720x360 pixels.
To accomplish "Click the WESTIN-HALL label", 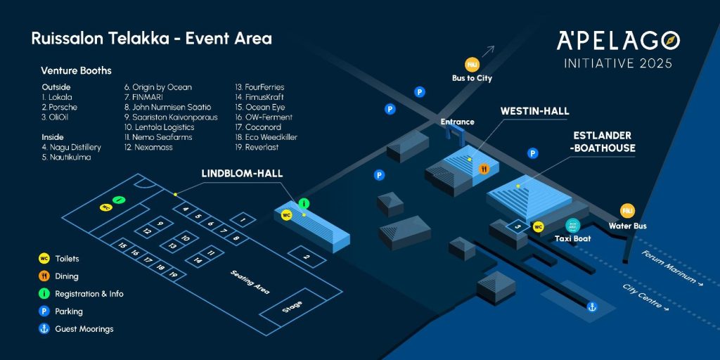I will point(534,112).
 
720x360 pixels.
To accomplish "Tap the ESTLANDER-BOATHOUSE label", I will point(603,141).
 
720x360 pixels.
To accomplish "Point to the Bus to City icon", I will point(472,64).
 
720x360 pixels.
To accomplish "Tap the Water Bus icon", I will point(627,211).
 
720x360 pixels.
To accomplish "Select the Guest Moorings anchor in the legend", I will point(44,328).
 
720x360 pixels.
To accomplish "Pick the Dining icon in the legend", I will point(44,276).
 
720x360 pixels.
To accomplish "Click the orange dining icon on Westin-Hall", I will point(484,169).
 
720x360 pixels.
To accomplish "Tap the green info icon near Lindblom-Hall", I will point(304,204).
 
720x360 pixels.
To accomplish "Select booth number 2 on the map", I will point(307,257).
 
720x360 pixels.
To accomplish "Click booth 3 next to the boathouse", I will point(517,227).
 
